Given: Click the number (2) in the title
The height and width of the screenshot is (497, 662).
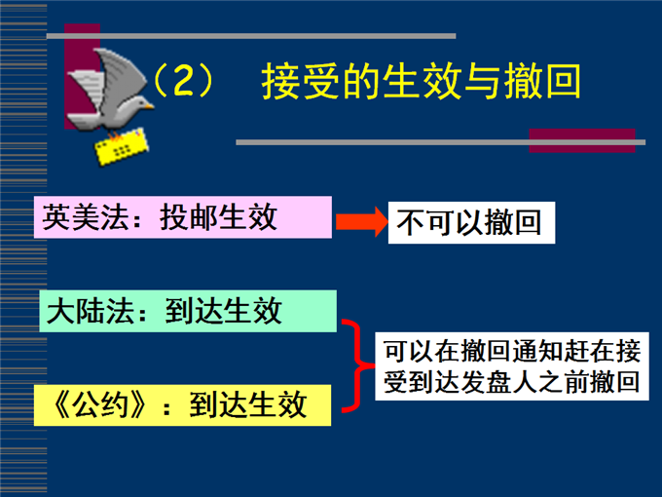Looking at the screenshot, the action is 183,80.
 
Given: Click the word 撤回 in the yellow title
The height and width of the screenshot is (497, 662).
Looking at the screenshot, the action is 543,81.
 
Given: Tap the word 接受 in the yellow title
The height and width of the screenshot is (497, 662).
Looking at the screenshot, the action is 300,81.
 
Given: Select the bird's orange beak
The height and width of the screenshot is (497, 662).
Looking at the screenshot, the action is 149,106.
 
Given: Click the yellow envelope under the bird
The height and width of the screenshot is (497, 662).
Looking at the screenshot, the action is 122,146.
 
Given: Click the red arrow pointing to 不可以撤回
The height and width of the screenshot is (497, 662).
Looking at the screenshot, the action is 362,221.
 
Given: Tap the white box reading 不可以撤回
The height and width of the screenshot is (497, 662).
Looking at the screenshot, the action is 471,223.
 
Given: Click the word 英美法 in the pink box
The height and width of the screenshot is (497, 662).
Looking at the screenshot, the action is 86,217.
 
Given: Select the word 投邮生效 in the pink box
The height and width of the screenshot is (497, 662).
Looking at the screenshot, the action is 218,217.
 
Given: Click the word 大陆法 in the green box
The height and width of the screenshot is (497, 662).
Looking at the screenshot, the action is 90,311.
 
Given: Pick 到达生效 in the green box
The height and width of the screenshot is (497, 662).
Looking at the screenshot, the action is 223,311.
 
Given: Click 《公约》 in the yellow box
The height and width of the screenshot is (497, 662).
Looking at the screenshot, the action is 100,404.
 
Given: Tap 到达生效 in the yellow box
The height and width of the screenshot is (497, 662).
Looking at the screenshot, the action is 247,404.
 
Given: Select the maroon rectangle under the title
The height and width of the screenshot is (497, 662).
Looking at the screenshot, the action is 582,140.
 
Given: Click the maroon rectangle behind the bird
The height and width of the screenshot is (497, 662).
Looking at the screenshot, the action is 82,76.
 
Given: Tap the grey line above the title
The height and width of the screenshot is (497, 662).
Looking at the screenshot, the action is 251,36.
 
